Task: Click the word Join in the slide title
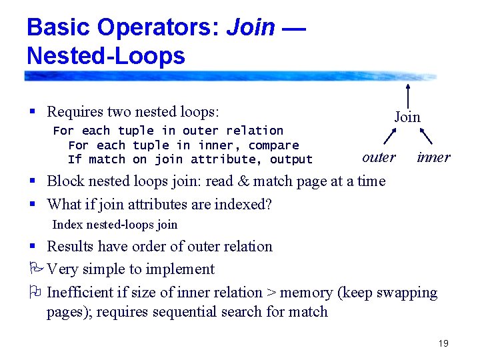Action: click(x=251, y=27)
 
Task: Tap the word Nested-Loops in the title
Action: click(x=106, y=55)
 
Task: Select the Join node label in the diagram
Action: click(x=407, y=117)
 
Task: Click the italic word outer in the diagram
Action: click(x=379, y=157)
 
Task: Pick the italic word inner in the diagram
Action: click(x=433, y=157)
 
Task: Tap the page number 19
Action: click(x=443, y=343)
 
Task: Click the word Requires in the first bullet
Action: click(x=73, y=111)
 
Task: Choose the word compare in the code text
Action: click(x=273, y=145)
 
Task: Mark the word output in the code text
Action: click(x=291, y=159)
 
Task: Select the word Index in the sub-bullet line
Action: click(x=66, y=225)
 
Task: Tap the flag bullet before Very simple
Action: click(x=35, y=269)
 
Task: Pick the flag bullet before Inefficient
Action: click(x=35, y=292)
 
